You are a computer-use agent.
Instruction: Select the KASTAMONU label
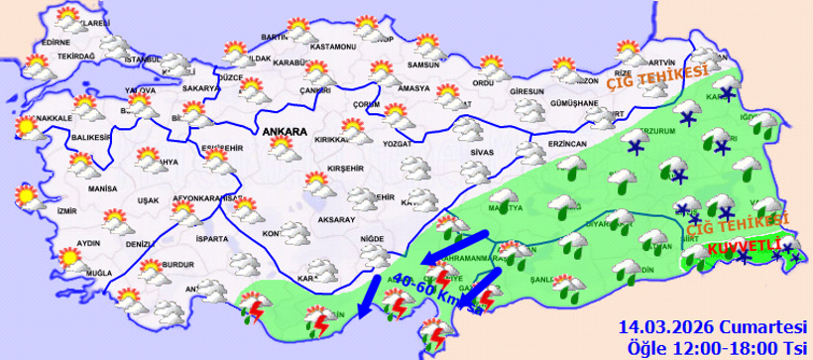(x=332, y=47)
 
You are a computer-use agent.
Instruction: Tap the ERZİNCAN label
(x=566, y=144)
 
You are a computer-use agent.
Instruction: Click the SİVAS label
(x=482, y=153)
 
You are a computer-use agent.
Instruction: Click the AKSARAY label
(x=337, y=219)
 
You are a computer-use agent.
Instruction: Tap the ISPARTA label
(x=212, y=239)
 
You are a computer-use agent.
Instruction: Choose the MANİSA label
(x=102, y=187)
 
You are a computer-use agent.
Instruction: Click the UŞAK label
(x=148, y=200)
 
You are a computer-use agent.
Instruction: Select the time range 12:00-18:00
(x=720, y=347)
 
